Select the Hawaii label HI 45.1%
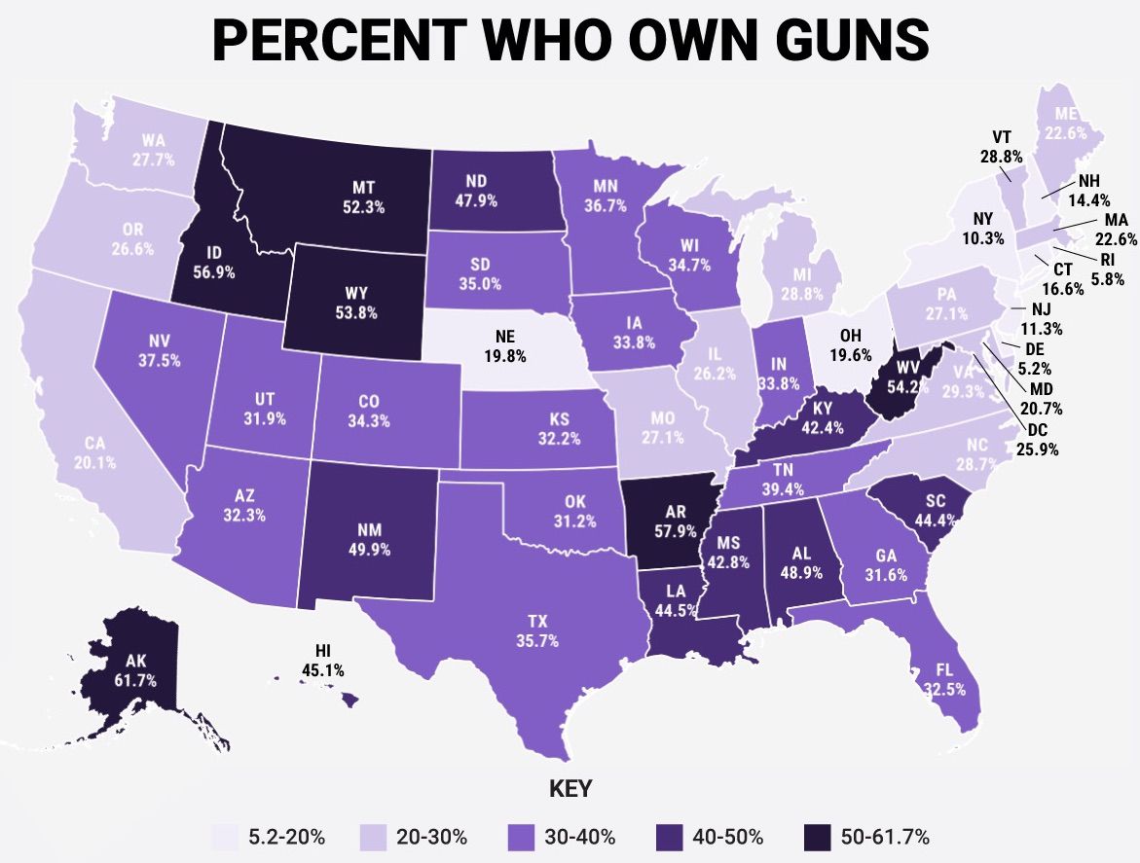322,661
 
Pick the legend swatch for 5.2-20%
227,837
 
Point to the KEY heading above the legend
570,787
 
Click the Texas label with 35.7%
536,630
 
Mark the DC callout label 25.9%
1037,440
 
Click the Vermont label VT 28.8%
1003,145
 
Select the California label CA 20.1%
94,451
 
